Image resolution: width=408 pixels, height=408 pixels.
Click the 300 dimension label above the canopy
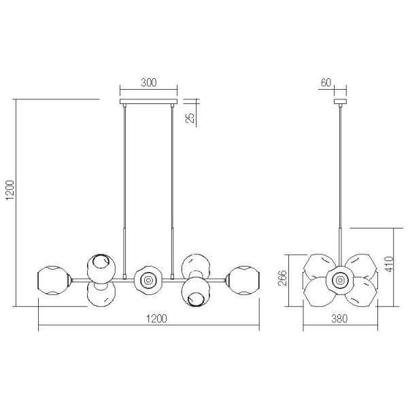149,82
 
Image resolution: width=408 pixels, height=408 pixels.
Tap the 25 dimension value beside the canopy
190,118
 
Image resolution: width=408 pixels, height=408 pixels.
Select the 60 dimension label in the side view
326,82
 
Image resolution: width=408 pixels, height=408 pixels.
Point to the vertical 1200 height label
10,190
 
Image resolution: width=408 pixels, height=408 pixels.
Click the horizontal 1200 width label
156,318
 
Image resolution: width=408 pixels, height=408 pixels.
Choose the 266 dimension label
282,278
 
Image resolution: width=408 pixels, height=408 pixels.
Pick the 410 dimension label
389,264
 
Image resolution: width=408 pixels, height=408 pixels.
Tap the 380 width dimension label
339,318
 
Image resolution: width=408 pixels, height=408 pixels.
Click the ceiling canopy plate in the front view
148,101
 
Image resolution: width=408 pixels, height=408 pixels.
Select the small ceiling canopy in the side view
341,101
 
